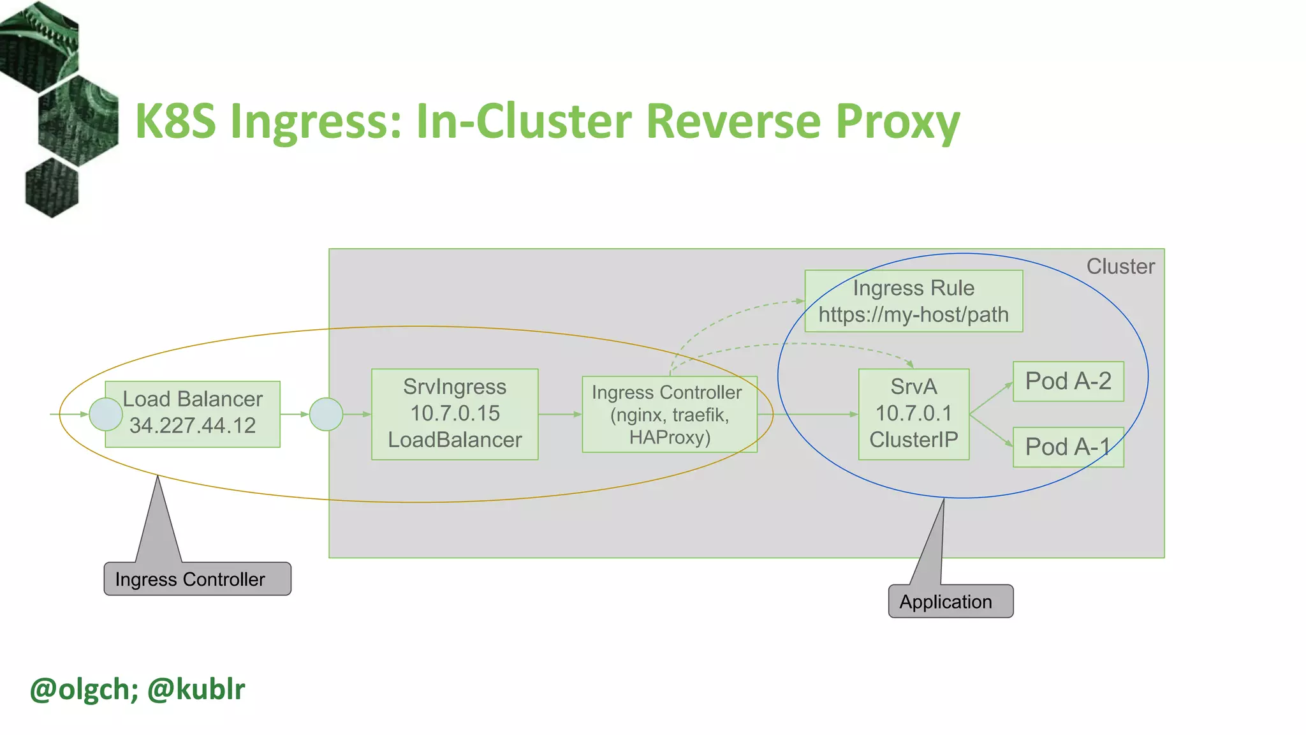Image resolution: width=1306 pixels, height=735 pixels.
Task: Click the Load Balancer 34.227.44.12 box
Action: (x=193, y=413)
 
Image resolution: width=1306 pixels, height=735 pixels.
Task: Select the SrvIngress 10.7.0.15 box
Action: (x=455, y=413)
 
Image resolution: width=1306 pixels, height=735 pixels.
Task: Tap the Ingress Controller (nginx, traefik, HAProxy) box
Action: (x=669, y=414)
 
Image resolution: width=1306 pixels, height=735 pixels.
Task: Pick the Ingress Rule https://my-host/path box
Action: (x=913, y=301)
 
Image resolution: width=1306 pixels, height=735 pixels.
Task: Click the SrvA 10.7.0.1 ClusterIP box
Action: (x=913, y=413)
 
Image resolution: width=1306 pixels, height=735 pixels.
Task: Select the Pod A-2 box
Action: (x=1068, y=381)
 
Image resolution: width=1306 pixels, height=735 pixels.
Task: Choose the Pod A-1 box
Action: (x=1068, y=447)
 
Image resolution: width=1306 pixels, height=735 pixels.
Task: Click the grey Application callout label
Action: (x=950, y=601)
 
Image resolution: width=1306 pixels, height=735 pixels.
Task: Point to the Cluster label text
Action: (x=1120, y=266)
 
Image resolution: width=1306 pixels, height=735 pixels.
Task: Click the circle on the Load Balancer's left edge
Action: (x=106, y=414)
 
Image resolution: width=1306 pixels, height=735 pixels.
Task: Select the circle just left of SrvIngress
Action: (x=326, y=414)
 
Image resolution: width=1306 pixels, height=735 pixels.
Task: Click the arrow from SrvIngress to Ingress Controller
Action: (x=560, y=414)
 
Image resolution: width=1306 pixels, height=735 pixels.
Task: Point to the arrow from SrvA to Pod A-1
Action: (x=992, y=431)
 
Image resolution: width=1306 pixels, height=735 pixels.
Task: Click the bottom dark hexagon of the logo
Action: (x=52, y=188)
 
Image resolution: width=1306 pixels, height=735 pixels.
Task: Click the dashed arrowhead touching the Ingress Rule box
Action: (x=800, y=301)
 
